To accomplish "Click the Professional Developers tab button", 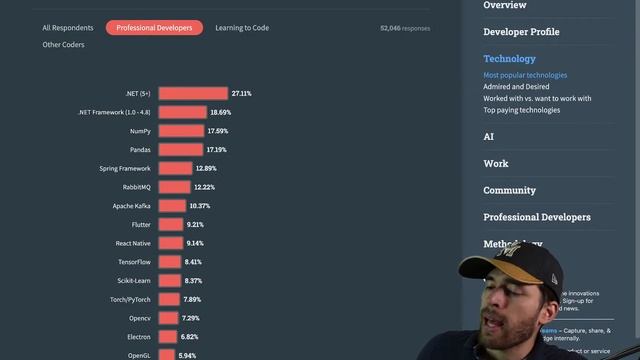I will click(x=154, y=28).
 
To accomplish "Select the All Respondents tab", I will click(x=68, y=28).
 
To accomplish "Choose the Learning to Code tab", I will click(x=241, y=28).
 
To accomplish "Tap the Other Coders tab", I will click(x=63, y=45).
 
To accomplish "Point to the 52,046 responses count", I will click(x=405, y=28).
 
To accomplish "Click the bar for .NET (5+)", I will click(x=192, y=93).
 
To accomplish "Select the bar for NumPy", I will click(x=180, y=131).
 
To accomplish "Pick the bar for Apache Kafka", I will click(x=171, y=206).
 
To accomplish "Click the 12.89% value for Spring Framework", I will click(x=205, y=168).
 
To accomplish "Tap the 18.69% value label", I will click(x=220, y=112).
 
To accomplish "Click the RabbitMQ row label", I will click(x=131, y=187).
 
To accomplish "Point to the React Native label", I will click(x=133, y=243).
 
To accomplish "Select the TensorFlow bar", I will click(x=169, y=262).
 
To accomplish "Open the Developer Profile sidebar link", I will click(x=521, y=32).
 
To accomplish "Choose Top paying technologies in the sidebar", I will click(x=521, y=110).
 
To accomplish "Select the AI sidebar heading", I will click(x=489, y=136).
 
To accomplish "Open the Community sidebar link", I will click(x=509, y=190).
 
